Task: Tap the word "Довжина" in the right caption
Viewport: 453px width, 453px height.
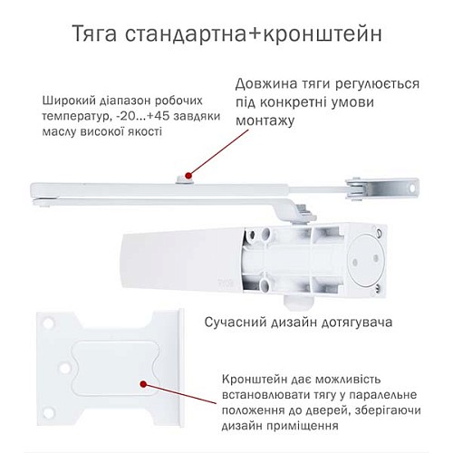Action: (266, 83)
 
